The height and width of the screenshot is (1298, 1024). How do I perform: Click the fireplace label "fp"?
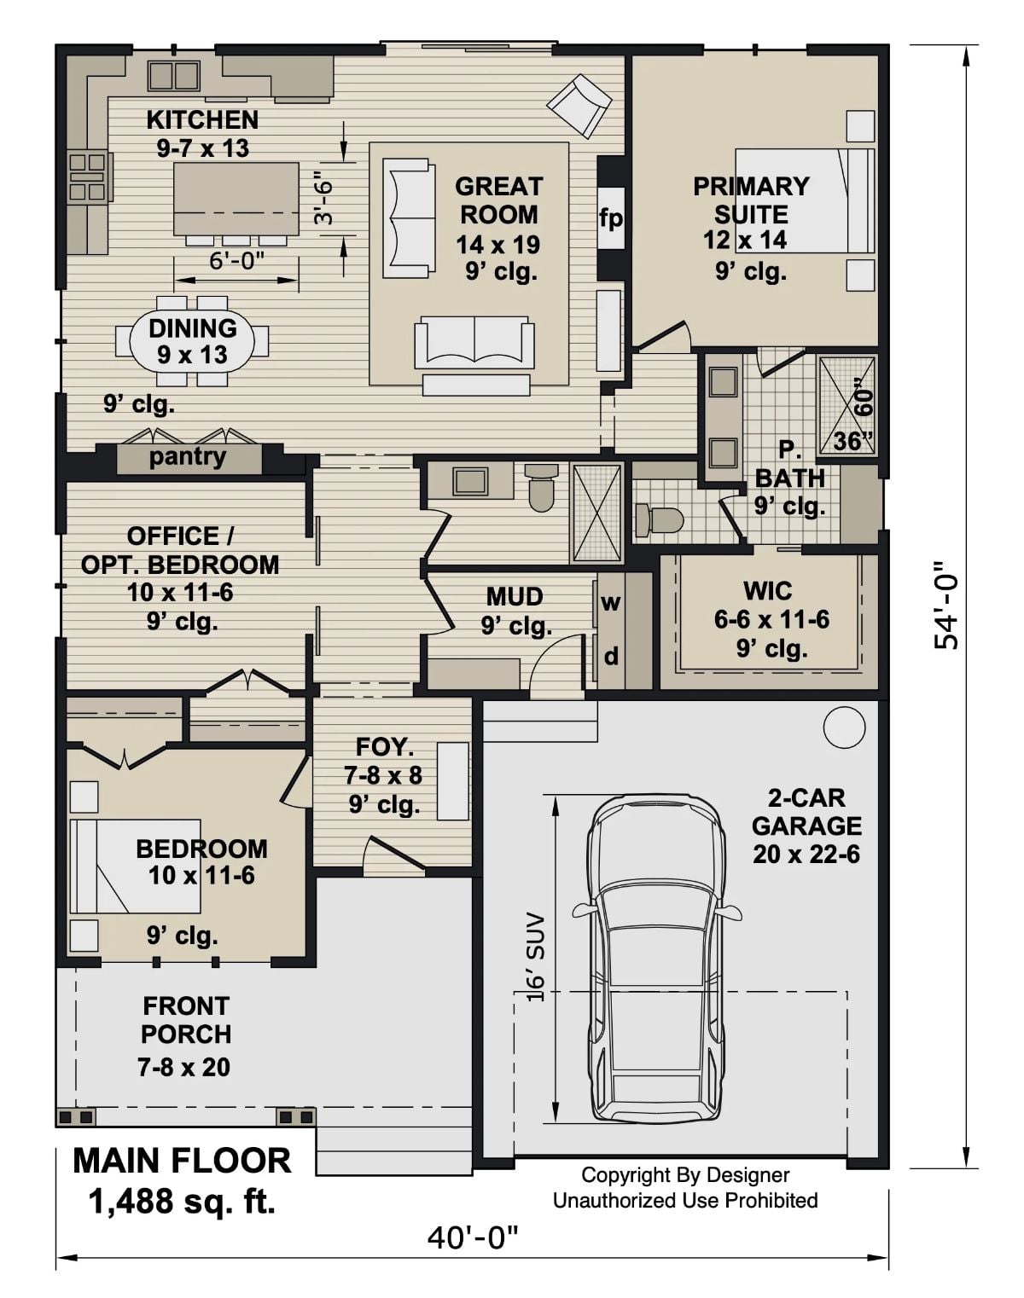point(610,218)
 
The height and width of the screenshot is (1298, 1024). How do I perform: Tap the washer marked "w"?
point(610,602)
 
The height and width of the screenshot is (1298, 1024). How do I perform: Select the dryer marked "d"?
point(611,656)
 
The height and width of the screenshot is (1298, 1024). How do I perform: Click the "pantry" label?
point(188,457)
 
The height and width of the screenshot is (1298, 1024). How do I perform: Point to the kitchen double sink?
point(173,75)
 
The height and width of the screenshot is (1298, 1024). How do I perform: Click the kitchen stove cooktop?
point(89,176)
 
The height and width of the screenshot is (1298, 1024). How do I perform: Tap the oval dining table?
point(192,341)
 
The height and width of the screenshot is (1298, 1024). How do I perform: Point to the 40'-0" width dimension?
point(473,1236)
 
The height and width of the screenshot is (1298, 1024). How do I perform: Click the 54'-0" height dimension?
point(946,606)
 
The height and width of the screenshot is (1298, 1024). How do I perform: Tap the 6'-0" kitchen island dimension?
point(237,261)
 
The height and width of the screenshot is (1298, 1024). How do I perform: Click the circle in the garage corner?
point(844,728)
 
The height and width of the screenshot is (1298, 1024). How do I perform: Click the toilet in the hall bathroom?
point(541,486)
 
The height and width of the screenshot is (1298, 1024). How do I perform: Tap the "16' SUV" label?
point(535,957)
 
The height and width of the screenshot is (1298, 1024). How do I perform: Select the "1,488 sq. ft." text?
point(182,1202)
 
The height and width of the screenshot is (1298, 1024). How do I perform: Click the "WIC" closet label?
point(768,590)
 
